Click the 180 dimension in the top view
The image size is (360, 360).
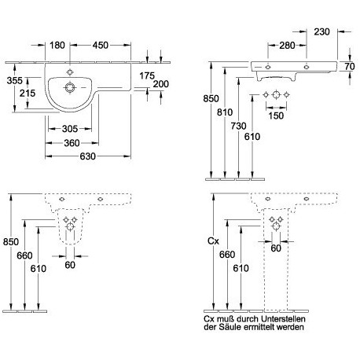click(x=57, y=45)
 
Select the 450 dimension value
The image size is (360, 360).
click(x=101, y=45)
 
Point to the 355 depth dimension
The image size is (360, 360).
click(x=15, y=80)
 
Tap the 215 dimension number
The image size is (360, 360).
click(x=28, y=93)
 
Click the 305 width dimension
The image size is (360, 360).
click(x=70, y=129)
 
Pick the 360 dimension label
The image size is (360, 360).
click(x=72, y=143)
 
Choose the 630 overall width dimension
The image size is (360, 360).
click(x=88, y=156)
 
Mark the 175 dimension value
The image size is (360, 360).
click(x=147, y=75)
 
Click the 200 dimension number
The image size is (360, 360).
click(x=160, y=84)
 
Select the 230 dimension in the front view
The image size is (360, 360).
click(x=321, y=31)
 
